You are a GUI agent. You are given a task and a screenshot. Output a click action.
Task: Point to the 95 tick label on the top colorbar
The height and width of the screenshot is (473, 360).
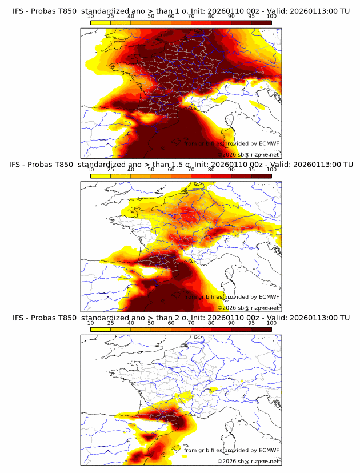coord(251,17)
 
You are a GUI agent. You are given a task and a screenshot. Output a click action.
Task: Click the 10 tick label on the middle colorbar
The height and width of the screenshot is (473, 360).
coord(90,170)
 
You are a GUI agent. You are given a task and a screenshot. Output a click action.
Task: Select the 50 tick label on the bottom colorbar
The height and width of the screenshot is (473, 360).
coord(151,323)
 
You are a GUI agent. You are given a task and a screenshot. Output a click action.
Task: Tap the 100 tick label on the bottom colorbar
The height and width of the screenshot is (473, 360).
coord(271,323)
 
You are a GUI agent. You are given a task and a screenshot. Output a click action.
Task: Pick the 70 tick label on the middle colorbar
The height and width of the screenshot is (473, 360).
coord(191,170)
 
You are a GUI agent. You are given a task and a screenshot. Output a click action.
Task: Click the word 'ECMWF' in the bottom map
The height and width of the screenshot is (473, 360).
coord(269,450)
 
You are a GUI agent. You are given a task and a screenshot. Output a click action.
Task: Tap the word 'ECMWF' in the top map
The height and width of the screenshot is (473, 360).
coord(269,144)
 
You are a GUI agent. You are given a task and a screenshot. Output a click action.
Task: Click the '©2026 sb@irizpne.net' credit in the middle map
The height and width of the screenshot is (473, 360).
coord(248,308)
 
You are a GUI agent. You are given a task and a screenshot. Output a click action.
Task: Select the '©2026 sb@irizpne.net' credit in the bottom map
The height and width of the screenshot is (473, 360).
coord(248,461)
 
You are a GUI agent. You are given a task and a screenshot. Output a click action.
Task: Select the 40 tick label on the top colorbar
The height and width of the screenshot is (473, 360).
coord(131,17)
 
